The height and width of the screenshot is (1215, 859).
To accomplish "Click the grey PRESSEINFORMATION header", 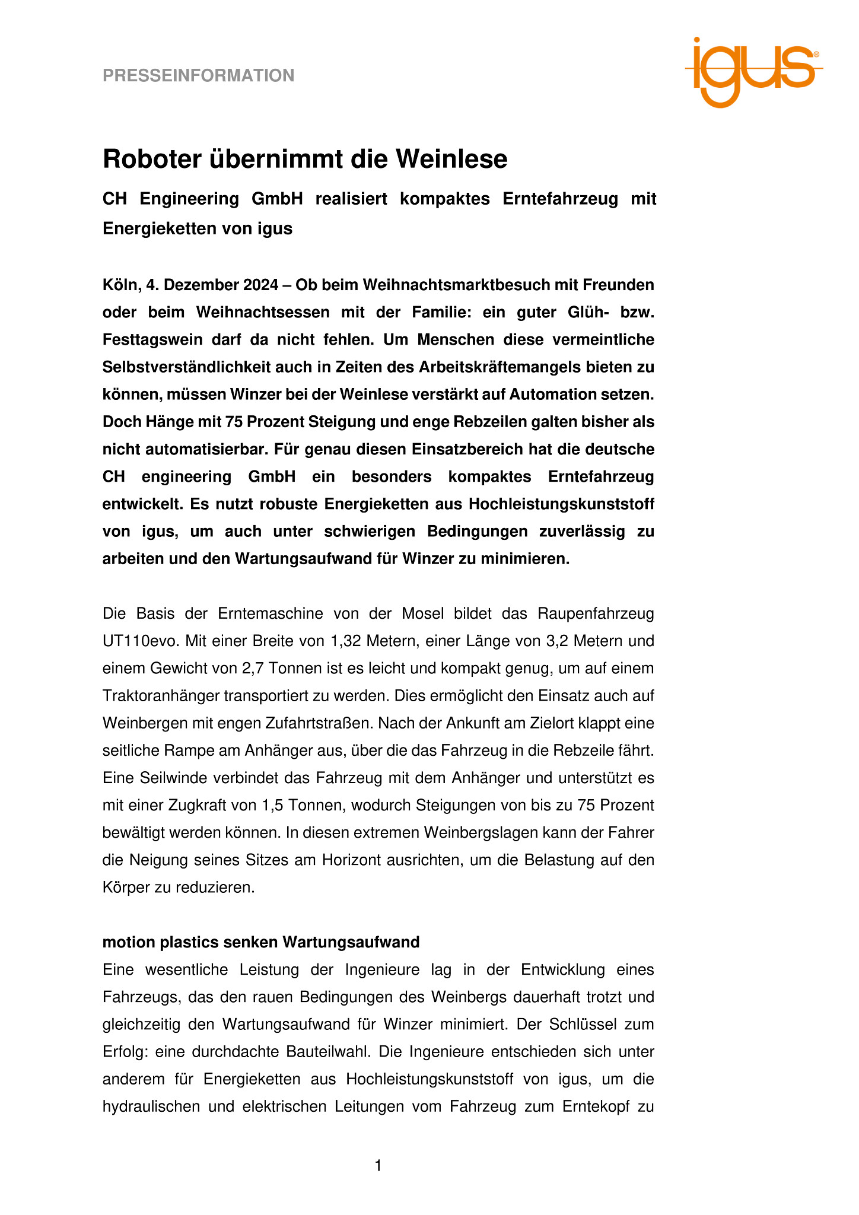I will tap(198, 75).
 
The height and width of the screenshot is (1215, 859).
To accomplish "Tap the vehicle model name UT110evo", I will tap(141, 641).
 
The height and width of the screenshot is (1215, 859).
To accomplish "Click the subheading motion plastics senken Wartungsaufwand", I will tap(261, 942).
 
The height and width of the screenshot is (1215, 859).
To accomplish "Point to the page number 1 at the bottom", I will tap(378, 1166).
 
